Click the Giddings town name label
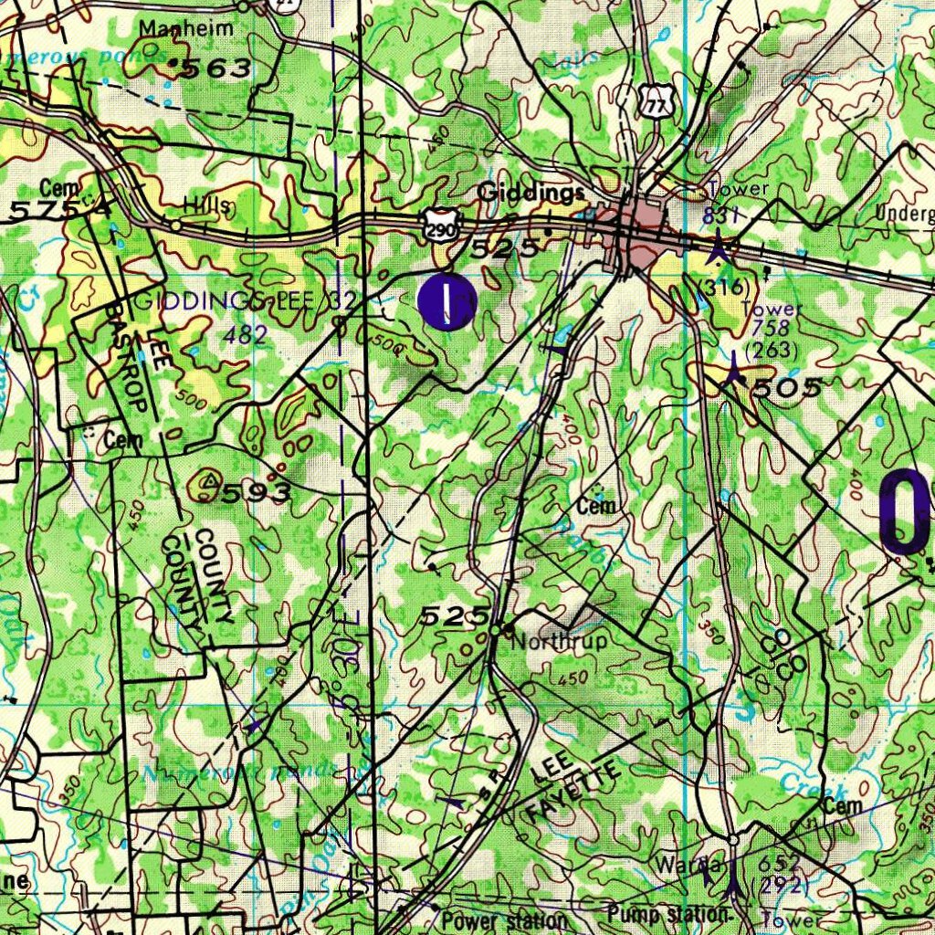pos(531,193)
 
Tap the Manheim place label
pos(186,28)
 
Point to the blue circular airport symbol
pos(446,302)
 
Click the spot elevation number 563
pos(216,68)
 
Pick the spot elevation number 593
pos(257,494)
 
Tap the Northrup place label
pos(559,642)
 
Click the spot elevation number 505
pos(784,387)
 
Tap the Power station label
pos(505,920)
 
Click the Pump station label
pos(669,914)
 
